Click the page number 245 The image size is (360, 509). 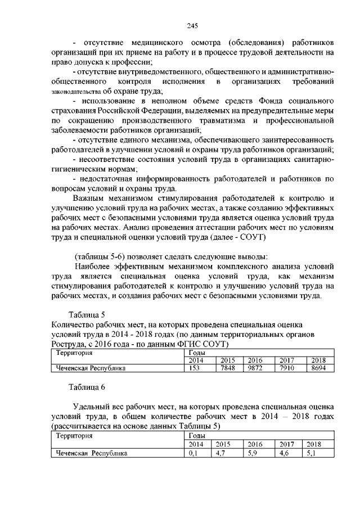pyautogui.click(x=192, y=25)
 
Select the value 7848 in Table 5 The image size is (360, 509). pyautogui.click(x=227, y=368)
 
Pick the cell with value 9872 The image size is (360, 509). pyautogui.click(x=255, y=368)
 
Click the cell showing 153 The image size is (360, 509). pyautogui.click(x=195, y=368)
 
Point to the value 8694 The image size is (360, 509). pyautogui.click(x=318, y=368)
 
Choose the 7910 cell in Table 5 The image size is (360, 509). pyautogui.click(x=287, y=368)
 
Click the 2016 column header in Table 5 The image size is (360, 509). pyautogui.click(x=255, y=360)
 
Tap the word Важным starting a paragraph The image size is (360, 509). pyautogui.click(x=91, y=199)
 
